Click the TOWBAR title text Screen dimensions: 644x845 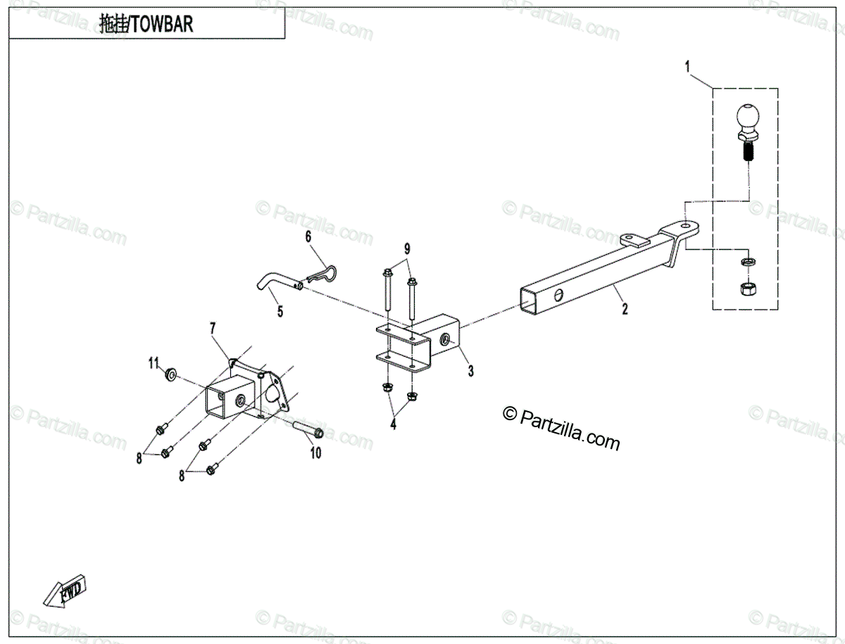pos(146,25)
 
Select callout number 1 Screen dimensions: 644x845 pos(688,68)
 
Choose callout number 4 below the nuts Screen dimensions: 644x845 pos(393,424)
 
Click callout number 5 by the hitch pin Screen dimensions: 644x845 pos(280,312)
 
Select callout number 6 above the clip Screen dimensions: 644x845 pos(308,236)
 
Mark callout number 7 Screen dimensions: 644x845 pos(213,328)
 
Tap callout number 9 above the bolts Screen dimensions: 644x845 pos(406,248)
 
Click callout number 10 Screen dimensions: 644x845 pos(315,453)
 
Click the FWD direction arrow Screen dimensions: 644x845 pos(65,591)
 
